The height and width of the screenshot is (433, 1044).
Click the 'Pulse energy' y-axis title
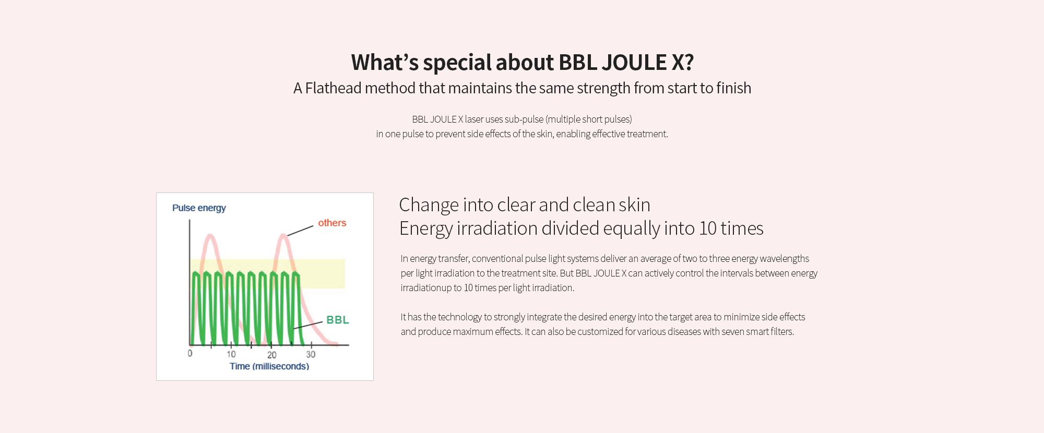click(x=199, y=208)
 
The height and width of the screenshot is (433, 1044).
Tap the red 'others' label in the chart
click(x=332, y=223)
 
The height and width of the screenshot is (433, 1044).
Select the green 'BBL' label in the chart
click(x=338, y=320)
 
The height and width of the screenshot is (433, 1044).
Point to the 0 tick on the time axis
click(x=190, y=353)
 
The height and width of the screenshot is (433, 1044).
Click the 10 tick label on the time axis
click(x=231, y=354)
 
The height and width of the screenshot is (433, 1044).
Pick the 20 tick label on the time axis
click(x=272, y=355)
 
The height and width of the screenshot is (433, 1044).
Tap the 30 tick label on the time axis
click(x=311, y=354)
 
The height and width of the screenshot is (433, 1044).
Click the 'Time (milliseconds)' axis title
click(x=269, y=366)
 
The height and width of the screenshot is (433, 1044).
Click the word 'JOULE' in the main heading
click(x=634, y=63)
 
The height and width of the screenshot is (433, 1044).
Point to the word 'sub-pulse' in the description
click(x=524, y=119)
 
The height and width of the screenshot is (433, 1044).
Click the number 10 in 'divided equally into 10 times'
click(x=709, y=228)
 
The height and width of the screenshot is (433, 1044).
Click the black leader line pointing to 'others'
click(x=300, y=231)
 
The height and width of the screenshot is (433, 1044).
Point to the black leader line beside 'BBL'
click(x=308, y=325)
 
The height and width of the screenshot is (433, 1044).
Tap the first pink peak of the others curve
click(x=210, y=236)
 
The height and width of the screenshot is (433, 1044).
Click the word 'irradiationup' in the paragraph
click(x=426, y=288)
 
